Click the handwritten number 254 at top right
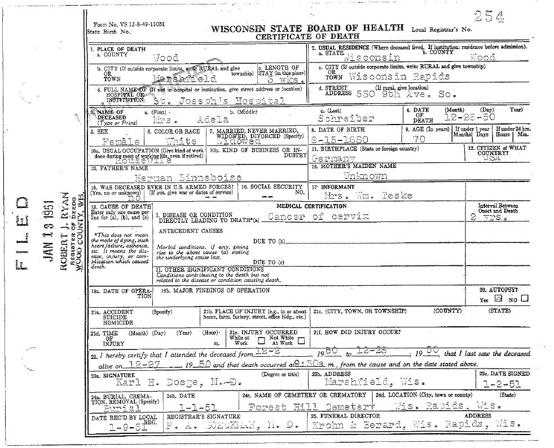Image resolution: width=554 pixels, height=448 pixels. tap(489, 16)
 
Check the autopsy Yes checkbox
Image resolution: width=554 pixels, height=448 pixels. tap(498, 299)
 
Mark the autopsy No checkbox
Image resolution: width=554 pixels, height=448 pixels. tap(525, 299)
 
